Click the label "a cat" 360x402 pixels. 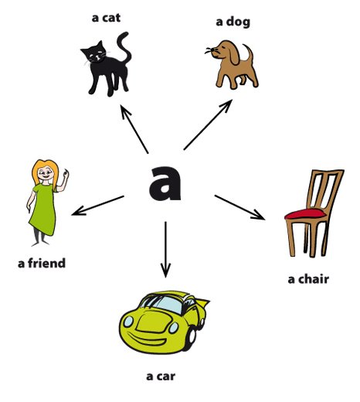[x=106, y=18]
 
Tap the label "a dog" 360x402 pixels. [x=233, y=22]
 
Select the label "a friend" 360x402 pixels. [x=42, y=263]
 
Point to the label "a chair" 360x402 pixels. [x=308, y=279]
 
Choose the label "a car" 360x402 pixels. [x=161, y=376]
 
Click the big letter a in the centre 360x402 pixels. [x=165, y=183]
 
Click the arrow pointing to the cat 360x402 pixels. [x=134, y=129]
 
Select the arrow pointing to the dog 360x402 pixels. [x=208, y=124]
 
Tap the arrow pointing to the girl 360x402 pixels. [x=98, y=206]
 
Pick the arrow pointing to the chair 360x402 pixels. [x=239, y=207]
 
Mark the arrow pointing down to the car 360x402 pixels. [x=165, y=250]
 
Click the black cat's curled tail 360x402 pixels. [x=124, y=47]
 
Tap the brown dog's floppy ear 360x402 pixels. [x=234, y=53]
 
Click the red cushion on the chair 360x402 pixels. [x=305, y=214]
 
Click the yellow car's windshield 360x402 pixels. [x=168, y=304]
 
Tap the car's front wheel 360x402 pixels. [x=191, y=338]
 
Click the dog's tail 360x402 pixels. [x=250, y=53]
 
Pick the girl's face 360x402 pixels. [x=46, y=173]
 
